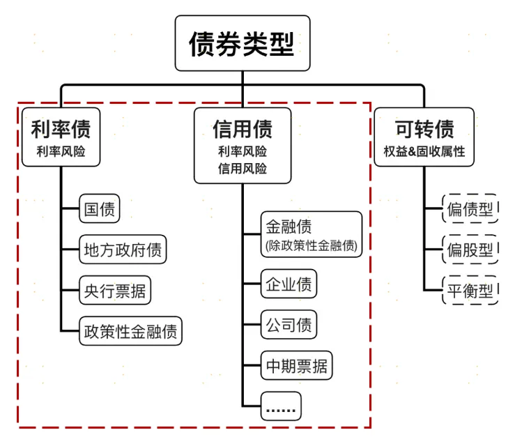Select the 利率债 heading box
[61, 137]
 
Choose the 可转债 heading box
[424, 137]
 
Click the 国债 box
[98, 208]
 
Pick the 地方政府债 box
[123, 250]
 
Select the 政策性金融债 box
[130, 330]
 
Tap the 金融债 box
[312, 234]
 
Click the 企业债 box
[289, 284]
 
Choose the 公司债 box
[289, 325]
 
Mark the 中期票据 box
[296, 365]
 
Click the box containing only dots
[282, 406]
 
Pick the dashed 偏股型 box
[470, 250]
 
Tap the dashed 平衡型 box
[470, 290]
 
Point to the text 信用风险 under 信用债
[242, 169]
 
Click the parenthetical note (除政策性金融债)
[312, 245]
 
